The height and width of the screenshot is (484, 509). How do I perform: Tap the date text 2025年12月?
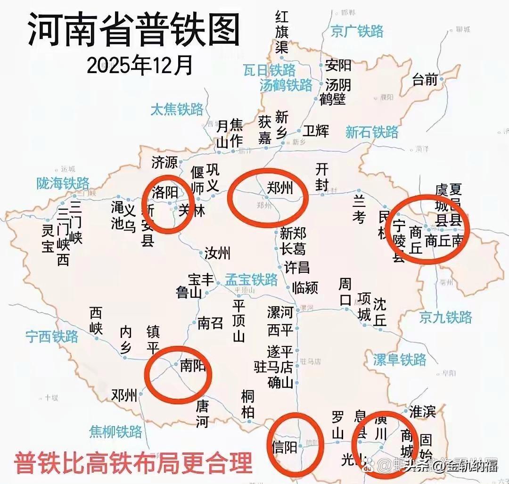pyautogui.click(x=140, y=66)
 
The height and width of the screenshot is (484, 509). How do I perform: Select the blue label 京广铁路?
pyautogui.click(x=357, y=31)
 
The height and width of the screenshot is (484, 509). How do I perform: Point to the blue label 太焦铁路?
pyautogui.click(x=177, y=109)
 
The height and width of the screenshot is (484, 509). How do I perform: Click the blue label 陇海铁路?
pyautogui.click(x=63, y=183)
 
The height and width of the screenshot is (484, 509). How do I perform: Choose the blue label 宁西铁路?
pyautogui.click(x=52, y=336)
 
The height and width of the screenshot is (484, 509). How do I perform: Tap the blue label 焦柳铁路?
pyautogui.click(x=116, y=431)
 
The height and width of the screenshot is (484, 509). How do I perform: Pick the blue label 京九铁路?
pyautogui.click(x=445, y=317)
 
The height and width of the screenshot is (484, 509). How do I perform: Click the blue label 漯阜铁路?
pyautogui.click(x=400, y=360)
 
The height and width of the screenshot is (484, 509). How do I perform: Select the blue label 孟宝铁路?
pyautogui.click(x=251, y=279)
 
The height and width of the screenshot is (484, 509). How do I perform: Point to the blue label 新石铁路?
pyautogui.click(x=372, y=132)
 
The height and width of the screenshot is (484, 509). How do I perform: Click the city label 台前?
pyautogui.click(x=425, y=79)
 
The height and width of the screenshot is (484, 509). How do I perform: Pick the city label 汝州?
pyautogui.click(x=217, y=253)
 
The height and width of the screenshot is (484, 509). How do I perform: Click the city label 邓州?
pyautogui.click(x=124, y=395)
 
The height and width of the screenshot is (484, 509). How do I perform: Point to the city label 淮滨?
pyautogui.click(x=422, y=411)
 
